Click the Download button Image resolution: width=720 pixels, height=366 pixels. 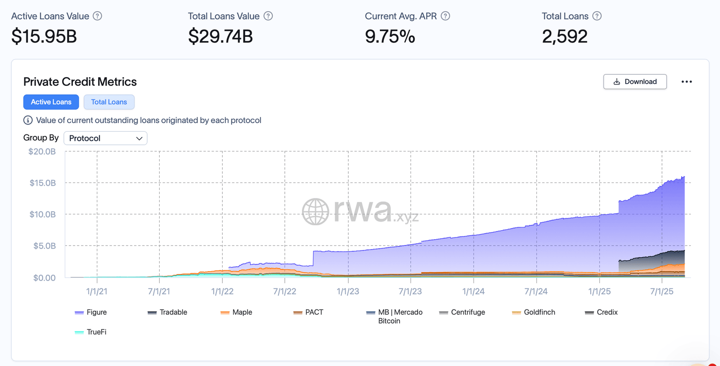click(634, 82)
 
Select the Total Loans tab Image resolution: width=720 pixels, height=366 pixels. click(109, 102)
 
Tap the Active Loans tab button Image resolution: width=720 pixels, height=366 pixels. click(51, 102)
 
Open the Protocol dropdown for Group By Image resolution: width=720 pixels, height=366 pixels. click(105, 138)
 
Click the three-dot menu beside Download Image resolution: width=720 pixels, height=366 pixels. click(686, 82)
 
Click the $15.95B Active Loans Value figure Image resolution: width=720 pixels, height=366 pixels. click(44, 36)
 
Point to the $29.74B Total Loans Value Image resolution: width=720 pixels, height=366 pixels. click(220, 36)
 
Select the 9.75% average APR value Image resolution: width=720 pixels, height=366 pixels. click(390, 36)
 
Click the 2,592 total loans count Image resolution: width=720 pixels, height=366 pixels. click(565, 36)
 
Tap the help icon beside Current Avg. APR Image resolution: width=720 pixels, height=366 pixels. click(445, 16)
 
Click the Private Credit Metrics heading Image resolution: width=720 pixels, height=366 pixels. click(80, 82)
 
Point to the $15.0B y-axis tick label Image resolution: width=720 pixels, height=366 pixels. click(43, 183)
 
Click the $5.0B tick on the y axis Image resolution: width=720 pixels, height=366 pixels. click(45, 246)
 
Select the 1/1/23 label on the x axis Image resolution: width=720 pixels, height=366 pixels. click(348, 291)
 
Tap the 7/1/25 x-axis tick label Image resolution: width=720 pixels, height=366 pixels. click(661, 291)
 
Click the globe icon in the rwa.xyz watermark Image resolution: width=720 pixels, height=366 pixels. click(315, 211)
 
